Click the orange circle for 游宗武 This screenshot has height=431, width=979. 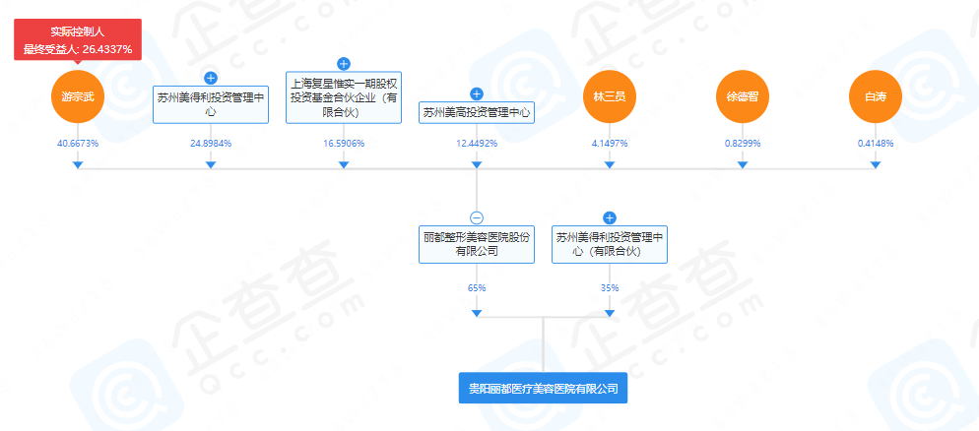click(77, 96)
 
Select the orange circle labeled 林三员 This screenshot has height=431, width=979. click(610, 96)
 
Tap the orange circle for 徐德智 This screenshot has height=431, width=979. click(742, 96)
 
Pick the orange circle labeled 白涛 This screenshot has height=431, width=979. click(875, 96)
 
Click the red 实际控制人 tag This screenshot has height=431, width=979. click(78, 39)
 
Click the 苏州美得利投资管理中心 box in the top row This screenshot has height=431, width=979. click(211, 104)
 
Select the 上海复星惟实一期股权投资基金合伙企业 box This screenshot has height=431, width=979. click(344, 97)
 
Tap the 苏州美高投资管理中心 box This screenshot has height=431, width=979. click(477, 112)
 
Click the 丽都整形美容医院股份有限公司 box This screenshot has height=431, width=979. click(477, 244)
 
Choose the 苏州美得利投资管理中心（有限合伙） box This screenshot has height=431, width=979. click(610, 244)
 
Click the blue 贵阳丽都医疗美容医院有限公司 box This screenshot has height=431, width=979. click(543, 389)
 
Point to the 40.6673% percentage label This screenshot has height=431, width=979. click(78, 144)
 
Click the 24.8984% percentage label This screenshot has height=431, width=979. click(211, 144)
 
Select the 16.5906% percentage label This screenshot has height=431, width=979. click(344, 144)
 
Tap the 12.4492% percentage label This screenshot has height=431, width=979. click(477, 144)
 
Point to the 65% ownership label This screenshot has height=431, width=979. click(477, 288)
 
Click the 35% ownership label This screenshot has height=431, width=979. click(610, 288)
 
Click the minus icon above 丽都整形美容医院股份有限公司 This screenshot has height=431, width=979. click(477, 217)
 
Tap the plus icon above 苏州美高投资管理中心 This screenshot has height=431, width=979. click(477, 93)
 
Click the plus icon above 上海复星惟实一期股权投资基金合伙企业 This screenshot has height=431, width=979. click(344, 64)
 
